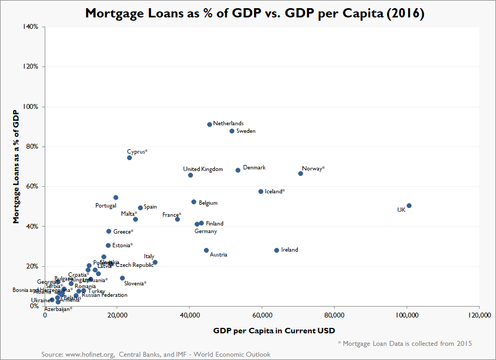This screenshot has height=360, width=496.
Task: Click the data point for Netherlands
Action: pyautogui.click(x=209, y=124)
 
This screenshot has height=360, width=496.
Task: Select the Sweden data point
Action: pyautogui.click(x=232, y=131)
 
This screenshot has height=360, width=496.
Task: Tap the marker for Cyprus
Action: pyautogui.click(x=129, y=157)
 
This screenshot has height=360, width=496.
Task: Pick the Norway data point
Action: pyautogui.click(x=300, y=173)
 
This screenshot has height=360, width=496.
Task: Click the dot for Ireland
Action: pyautogui.click(x=276, y=250)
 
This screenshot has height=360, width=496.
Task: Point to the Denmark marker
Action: pyautogui.click(x=238, y=170)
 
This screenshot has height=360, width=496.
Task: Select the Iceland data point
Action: pyautogui.click(x=261, y=191)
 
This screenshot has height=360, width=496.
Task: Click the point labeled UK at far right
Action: pyautogui.click(x=409, y=205)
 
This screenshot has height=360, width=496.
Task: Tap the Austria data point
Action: pyautogui.click(x=206, y=250)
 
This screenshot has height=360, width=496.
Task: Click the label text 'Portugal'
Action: pyautogui.click(x=106, y=206)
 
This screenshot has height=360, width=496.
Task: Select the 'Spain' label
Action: pyautogui.click(x=150, y=207)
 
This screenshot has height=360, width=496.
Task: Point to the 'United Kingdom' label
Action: pyautogui.click(x=203, y=169)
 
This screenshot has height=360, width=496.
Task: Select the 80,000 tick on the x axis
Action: pyautogui.click(x=334, y=315)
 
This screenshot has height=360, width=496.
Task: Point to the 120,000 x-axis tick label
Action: pyautogui.click(x=478, y=315)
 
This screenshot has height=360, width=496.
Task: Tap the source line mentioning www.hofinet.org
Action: pyautogui.click(x=156, y=355)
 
